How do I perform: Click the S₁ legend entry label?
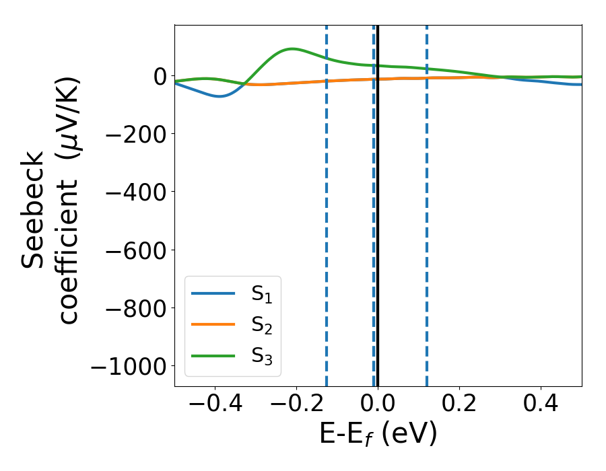click(261, 294)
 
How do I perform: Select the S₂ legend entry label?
click(261, 325)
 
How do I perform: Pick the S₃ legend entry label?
click(261, 355)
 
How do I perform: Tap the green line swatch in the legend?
click(213, 355)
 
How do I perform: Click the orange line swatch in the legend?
click(213, 324)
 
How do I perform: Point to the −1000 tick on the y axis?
click(128, 367)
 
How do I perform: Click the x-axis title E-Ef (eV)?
click(378, 434)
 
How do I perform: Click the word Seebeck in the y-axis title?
click(34, 210)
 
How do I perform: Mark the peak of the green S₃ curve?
click(292, 48)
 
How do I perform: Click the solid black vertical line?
click(378, 202)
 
